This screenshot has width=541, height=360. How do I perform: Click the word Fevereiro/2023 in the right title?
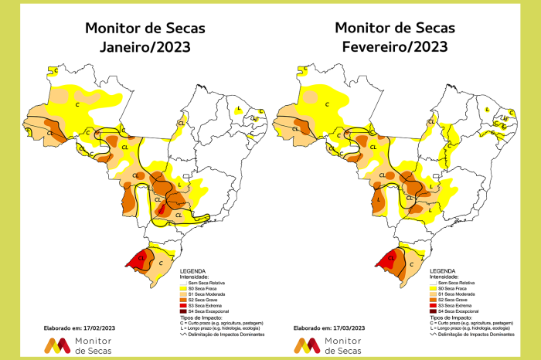tap(395, 46)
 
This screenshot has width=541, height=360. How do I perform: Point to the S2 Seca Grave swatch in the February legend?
tap(433, 299)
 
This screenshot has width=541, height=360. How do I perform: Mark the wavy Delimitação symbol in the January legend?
tap(183, 334)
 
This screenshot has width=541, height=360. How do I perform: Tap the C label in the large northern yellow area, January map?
tap(77, 103)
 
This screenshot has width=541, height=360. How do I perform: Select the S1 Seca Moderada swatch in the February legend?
tap(433, 294)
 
